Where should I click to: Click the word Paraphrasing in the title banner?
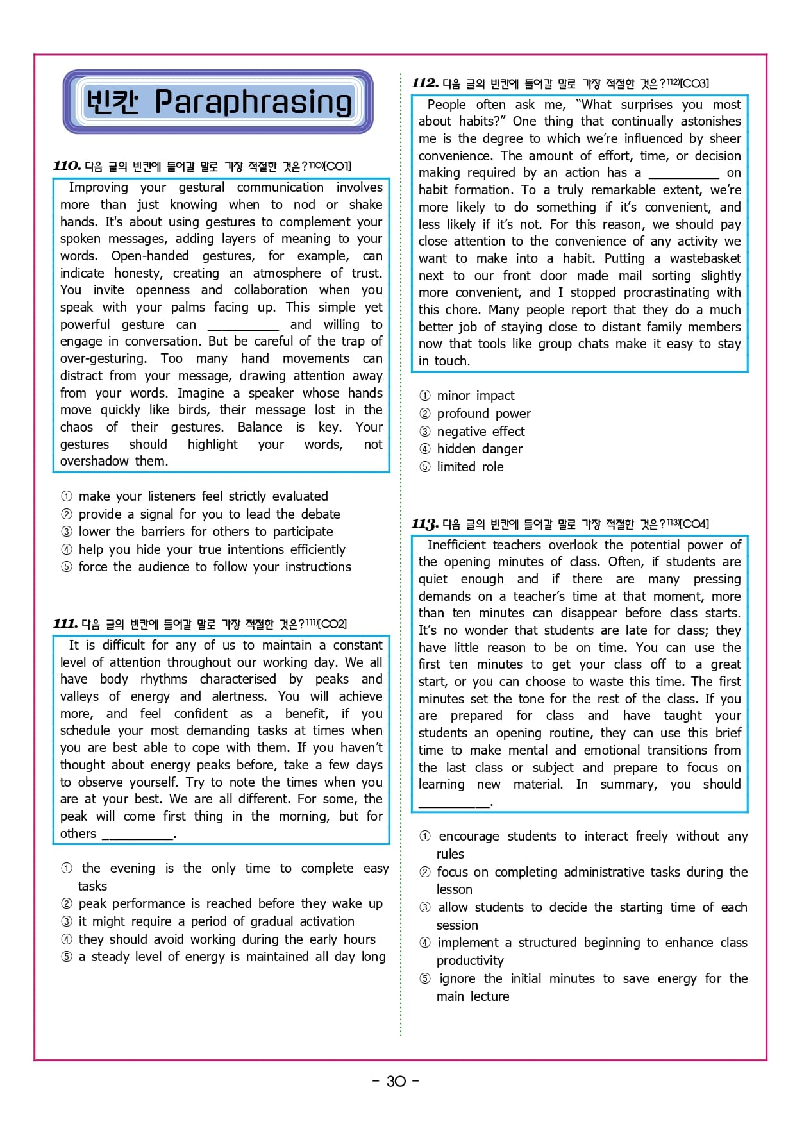[x=253, y=102]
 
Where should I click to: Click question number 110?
[x=67, y=166]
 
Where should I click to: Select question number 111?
[x=65, y=624]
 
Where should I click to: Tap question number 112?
[x=425, y=83]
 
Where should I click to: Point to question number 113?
[x=425, y=524]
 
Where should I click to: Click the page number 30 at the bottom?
[x=396, y=1081]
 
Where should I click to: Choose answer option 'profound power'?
[x=483, y=414]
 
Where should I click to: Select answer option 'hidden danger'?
[x=480, y=449]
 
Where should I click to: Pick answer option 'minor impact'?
[x=475, y=396]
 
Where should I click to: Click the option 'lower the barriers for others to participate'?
[x=205, y=532]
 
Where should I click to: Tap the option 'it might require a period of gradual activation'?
[x=216, y=921]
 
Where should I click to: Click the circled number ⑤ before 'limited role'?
[x=424, y=467]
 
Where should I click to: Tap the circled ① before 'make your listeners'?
[x=67, y=496]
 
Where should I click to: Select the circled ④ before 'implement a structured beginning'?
[x=424, y=943]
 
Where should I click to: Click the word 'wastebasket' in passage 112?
[x=705, y=258]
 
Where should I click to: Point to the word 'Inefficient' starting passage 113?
[x=456, y=545]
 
